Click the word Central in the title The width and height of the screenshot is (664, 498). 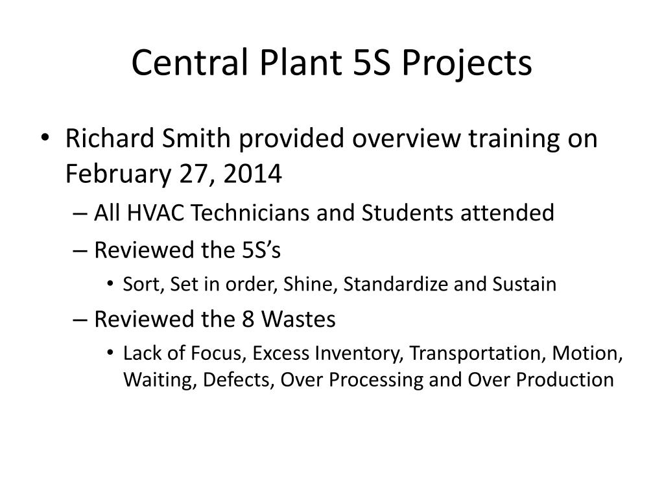tap(190, 62)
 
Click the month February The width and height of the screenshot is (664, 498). tap(118, 174)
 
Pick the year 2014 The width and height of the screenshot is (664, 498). tap(252, 174)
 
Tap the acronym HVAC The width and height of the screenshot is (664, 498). tap(156, 213)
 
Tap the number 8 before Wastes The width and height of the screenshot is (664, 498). tap(248, 319)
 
